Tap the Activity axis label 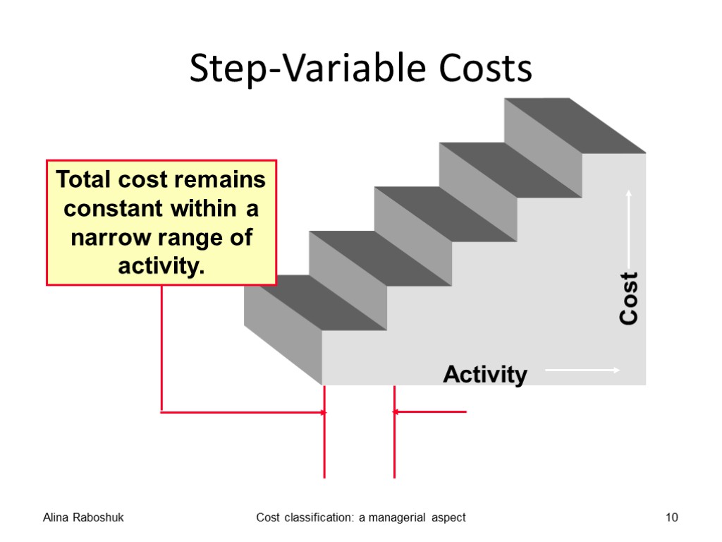click(485, 374)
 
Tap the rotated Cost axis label click(628, 298)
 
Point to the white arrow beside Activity click(582, 370)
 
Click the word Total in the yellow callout click(84, 180)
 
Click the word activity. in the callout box click(161, 266)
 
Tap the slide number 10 click(671, 518)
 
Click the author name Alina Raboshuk click(83, 518)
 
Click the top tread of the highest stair click(574, 125)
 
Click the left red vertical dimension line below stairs click(324, 438)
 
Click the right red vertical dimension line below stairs click(394, 438)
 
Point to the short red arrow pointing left click(430, 411)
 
